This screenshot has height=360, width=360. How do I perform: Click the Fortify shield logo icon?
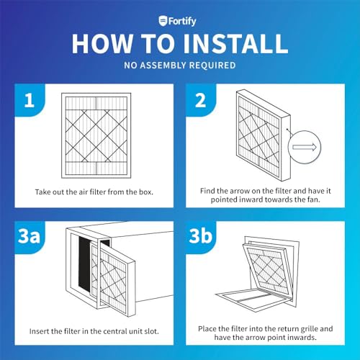coord(163,21)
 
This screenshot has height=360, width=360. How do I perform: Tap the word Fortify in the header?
coord(182,22)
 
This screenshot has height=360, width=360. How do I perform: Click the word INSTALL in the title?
coord(235,44)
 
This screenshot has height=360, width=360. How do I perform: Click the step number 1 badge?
coord(30,100)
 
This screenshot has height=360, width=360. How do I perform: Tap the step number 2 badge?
coord(201,100)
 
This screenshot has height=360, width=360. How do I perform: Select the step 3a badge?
coord(30,236)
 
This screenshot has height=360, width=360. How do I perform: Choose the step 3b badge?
coord(201,236)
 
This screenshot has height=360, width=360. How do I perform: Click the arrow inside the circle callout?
coord(305,147)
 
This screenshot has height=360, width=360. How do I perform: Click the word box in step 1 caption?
coord(145,192)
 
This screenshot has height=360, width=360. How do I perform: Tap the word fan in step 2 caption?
coord(313,199)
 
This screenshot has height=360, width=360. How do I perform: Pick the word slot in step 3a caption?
coord(151,331)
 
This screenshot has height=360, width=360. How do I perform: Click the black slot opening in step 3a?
coord(84,263)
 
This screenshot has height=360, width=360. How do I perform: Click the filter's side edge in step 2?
coord(286,148)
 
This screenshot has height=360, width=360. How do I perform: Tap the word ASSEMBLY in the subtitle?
coord(163,66)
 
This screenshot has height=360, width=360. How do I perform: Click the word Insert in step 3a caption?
coord(38,331)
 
